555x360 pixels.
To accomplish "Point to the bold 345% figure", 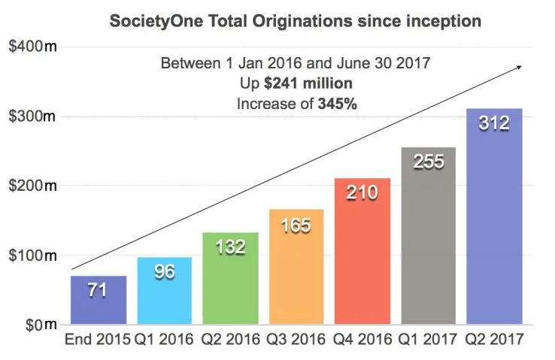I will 338,103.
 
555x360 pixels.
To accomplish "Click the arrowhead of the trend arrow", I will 519,68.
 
